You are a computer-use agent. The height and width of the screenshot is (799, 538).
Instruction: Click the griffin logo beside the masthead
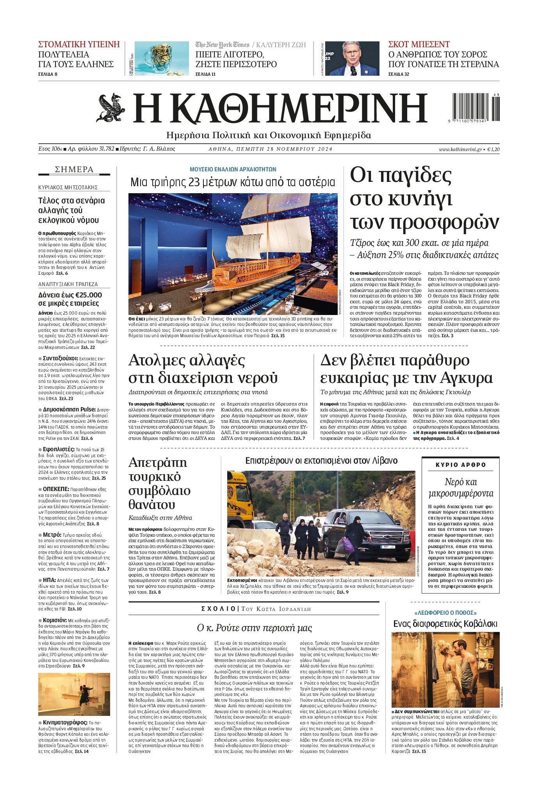(110, 108)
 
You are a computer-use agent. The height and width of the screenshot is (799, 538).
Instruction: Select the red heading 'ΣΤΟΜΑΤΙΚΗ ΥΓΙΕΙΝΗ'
(79, 44)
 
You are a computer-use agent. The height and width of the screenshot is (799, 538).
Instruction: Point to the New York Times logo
(222, 44)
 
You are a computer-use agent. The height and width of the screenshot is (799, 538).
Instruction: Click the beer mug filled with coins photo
(161, 58)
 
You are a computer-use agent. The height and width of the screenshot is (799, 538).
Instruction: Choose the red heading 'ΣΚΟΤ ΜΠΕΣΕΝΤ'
(419, 44)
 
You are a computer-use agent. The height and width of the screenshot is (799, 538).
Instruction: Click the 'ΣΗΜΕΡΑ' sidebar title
(74, 169)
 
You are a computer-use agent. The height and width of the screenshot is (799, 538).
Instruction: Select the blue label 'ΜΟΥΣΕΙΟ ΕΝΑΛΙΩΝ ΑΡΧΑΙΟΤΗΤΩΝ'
(233, 169)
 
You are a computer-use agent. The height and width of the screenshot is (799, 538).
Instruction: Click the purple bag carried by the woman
(347, 545)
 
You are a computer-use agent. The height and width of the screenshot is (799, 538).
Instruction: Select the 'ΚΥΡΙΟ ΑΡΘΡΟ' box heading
(461, 465)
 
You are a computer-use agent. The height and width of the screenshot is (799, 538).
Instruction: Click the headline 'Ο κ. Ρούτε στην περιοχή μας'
(254, 628)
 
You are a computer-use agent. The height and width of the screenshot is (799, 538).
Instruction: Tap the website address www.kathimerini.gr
(460, 149)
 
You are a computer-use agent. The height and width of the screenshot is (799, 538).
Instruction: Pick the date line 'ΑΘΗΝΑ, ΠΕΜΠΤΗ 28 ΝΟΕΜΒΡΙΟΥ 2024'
(271, 149)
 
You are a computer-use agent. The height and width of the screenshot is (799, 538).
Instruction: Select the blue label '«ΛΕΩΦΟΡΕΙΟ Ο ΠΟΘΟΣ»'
(445, 613)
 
